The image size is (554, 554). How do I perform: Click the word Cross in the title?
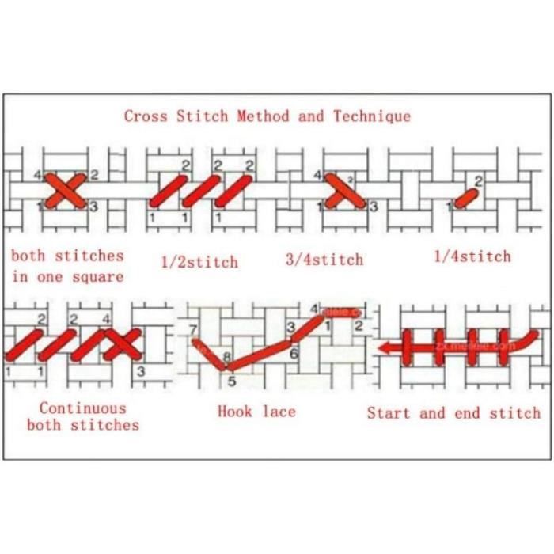[x=144, y=116]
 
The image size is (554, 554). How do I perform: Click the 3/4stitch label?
[x=324, y=260]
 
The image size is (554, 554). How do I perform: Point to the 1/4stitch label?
[x=472, y=256]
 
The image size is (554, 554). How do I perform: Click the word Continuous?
[x=82, y=408]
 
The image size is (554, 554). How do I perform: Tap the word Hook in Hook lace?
[x=235, y=412]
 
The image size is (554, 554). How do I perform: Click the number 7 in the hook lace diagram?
[x=192, y=328]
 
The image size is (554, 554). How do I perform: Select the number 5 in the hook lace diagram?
[x=232, y=381]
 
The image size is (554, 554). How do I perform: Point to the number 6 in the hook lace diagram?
[x=294, y=353]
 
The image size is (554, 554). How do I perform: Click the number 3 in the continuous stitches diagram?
[x=141, y=370]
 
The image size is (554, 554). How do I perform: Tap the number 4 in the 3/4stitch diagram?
[x=318, y=174]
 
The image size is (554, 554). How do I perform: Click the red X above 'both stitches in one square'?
[x=66, y=191]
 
